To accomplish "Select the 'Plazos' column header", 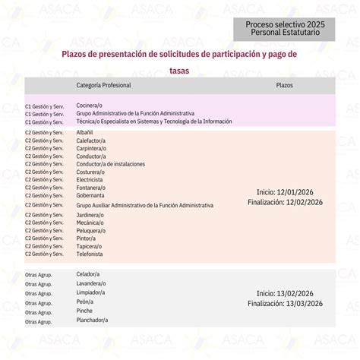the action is point(285,85).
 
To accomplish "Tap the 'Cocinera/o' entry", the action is point(91,103).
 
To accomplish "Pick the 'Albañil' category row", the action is point(85,132).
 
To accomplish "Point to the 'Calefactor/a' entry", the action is point(90,140).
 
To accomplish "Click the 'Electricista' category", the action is point(90,180).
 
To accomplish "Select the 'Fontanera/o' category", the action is point(90,188).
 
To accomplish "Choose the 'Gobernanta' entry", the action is point(90,196).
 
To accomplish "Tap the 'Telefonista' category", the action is point(90,255).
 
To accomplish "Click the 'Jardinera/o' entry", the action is point(90,215).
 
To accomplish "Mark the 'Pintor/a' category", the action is point(86,238).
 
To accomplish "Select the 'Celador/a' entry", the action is point(88,273).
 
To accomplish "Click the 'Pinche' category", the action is point(84,311).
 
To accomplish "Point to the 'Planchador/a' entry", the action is point(93,320).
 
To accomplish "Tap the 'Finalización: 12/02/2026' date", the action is point(285,202).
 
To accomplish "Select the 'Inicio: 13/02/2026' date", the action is point(285,293).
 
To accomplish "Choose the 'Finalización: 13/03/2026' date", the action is point(285,304).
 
